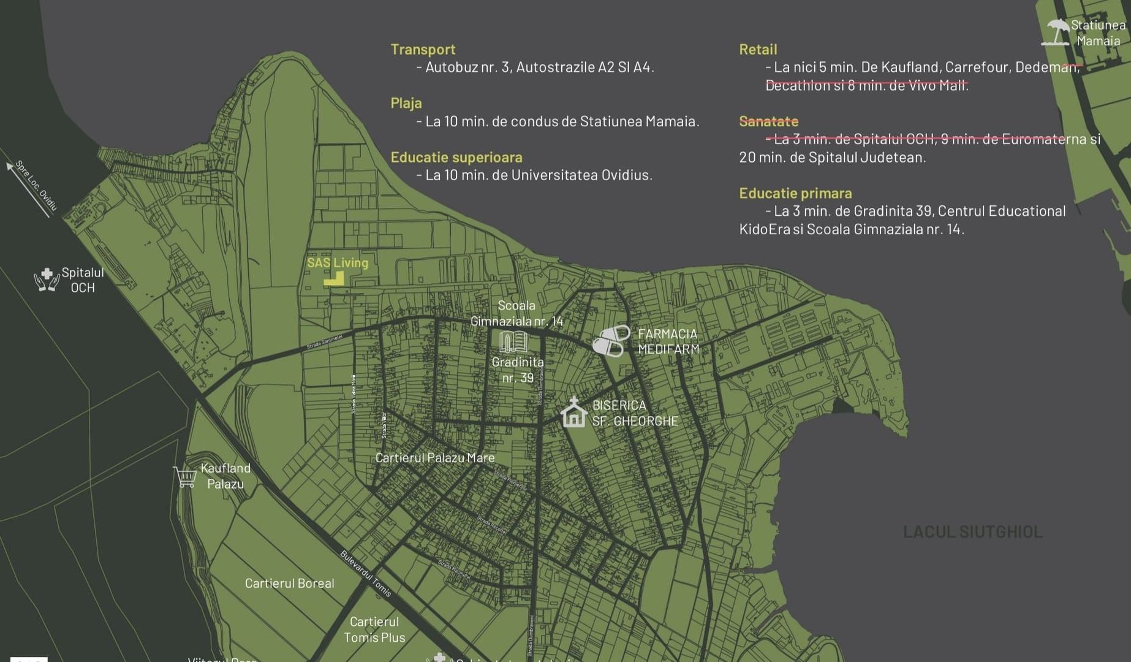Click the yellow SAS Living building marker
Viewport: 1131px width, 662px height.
335,280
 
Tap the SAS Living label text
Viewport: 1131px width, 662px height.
338,263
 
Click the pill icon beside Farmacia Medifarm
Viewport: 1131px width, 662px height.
611,341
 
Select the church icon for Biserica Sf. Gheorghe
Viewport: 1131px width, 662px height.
574,413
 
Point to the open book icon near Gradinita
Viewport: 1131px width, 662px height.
513,342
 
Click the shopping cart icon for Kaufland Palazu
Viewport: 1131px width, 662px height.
185,476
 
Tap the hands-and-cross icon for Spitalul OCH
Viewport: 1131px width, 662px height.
47,280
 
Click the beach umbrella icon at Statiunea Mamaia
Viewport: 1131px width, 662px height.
1056,32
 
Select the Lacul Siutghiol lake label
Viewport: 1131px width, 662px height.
972,531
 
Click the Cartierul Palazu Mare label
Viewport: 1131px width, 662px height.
434,458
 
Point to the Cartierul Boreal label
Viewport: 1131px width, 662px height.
289,584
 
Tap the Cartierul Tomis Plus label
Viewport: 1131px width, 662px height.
374,630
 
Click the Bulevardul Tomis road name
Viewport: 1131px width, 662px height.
365,574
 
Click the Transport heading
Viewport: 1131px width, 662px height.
423,50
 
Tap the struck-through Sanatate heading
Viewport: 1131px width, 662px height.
768,121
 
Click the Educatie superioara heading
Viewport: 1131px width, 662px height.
456,158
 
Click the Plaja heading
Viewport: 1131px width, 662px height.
406,104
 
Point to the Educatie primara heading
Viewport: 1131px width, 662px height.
795,194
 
